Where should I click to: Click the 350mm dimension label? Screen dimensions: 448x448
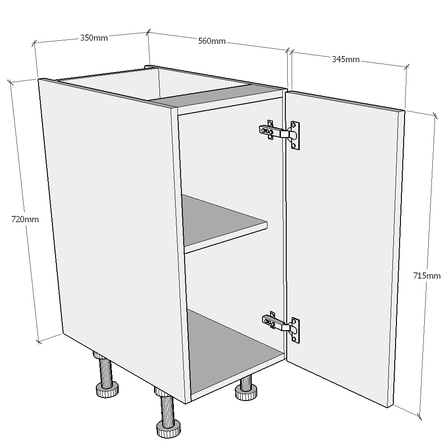(x=94, y=38)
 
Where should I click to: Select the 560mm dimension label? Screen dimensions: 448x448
(x=211, y=41)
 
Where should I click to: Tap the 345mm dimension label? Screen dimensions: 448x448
(x=345, y=59)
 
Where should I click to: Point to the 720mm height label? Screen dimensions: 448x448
(x=25, y=220)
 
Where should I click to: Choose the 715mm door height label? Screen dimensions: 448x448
(x=426, y=276)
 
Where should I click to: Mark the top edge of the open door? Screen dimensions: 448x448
(x=345, y=100)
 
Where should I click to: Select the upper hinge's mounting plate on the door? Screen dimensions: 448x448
(x=294, y=135)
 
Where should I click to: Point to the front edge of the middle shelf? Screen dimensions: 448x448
(x=226, y=237)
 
